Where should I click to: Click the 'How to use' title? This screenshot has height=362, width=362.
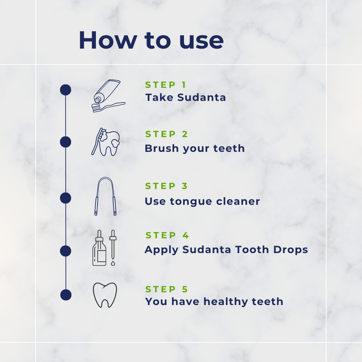(x=151, y=41)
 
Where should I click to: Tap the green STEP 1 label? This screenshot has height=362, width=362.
(x=165, y=85)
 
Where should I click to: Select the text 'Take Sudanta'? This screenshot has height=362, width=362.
(x=185, y=98)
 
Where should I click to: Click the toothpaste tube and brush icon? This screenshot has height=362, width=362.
(x=108, y=96)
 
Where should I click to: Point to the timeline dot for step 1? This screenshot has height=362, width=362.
(x=66, y=90)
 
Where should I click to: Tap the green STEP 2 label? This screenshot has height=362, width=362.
(x=167, y=134)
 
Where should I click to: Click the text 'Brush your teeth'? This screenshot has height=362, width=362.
(x=194, y=148)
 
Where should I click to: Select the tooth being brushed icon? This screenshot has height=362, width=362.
(x=106, y=142)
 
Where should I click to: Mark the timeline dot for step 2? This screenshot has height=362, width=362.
(x=66, y=142)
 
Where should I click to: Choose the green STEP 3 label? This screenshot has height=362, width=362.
(x=167, y=186)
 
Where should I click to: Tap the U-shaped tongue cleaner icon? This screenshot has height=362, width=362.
(x=105, y=196)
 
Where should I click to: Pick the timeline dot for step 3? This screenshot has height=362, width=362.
(x=66, y=198)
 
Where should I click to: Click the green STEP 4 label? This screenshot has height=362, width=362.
(x=167, y=236)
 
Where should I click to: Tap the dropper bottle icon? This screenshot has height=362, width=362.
(x=100, y=248)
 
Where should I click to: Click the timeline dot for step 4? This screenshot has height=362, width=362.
(x=66, y=251)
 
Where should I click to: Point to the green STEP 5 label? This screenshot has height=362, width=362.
(x=167, y=289)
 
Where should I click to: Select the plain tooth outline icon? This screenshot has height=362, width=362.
(x=105, y=295)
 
